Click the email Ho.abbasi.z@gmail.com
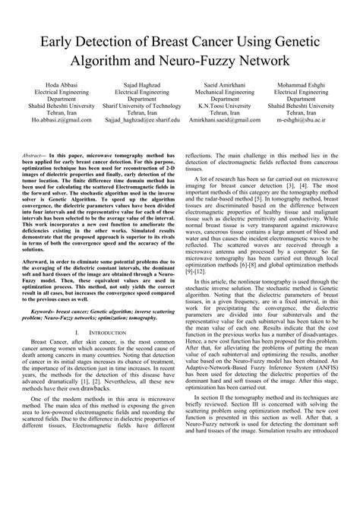(62, 120)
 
